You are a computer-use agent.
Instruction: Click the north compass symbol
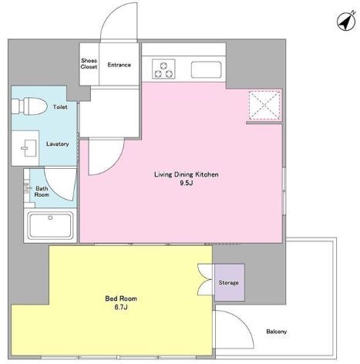click(x=346, y=22)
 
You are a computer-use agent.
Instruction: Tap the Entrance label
click(x=119, y=65)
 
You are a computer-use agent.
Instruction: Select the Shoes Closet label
click(x=89, y=63)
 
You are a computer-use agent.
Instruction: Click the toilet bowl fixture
click(x=29, y=106)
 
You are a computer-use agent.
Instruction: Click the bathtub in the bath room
click(x=50, y=225)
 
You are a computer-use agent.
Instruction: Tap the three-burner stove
click(x=163, y=69)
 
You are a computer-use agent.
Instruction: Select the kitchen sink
click(x=206, y=69)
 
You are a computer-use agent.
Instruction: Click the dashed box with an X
click(x=264, y=105)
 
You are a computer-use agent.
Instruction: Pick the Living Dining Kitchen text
click(x=187, y=174)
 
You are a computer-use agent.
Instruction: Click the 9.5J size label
click(x=186, y=183)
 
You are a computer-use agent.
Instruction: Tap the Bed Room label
click(x=121, y=298)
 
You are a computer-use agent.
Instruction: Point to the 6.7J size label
click(x=121, y=307)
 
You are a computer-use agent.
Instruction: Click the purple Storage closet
click(x=229, y=282)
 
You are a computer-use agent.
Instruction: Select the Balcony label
click(x=276, y=332)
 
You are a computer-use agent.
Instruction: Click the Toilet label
click(x=60, y=107)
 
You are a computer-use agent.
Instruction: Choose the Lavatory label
click(x=58, y=144)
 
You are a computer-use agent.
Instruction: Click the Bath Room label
click(x=42, y=191)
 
